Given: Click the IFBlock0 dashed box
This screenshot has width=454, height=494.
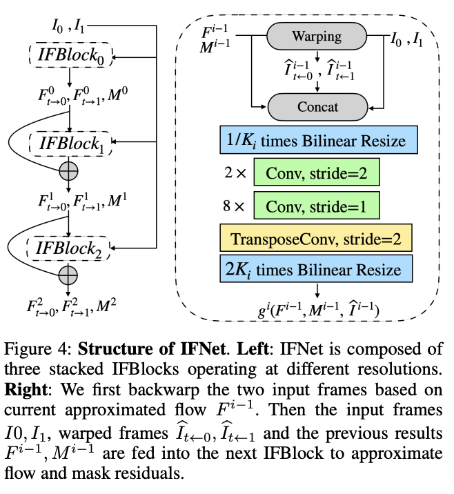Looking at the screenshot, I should (x=70, y=56).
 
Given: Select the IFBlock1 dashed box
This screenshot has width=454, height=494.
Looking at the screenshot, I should (x=70, y=145).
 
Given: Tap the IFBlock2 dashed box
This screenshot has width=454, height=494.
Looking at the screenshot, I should (x=70, y=246).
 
